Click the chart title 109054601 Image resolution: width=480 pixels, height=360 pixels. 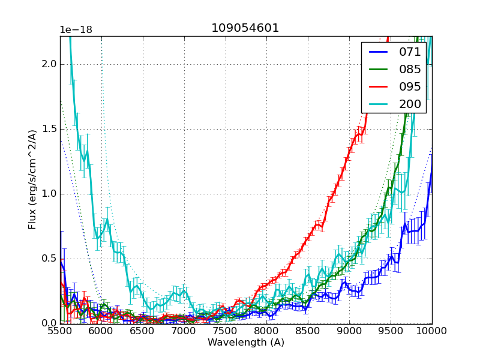[245, 28]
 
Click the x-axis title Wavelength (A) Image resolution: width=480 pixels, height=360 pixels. [246, 343]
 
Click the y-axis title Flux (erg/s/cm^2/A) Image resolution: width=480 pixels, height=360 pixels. [33, 179]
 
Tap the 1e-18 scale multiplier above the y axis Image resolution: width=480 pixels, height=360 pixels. [76, 30]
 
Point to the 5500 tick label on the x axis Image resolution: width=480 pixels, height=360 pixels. [60, 331]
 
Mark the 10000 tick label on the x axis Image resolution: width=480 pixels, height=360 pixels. [432, 331]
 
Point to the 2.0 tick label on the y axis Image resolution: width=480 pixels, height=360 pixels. [49, 64]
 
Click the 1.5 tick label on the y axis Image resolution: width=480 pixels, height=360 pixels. [49, 129]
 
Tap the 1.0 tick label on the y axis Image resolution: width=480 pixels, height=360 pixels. [49, 194]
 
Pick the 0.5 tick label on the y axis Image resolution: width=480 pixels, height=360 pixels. [49, 259]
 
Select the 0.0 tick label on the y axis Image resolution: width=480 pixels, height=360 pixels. [49, 323]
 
